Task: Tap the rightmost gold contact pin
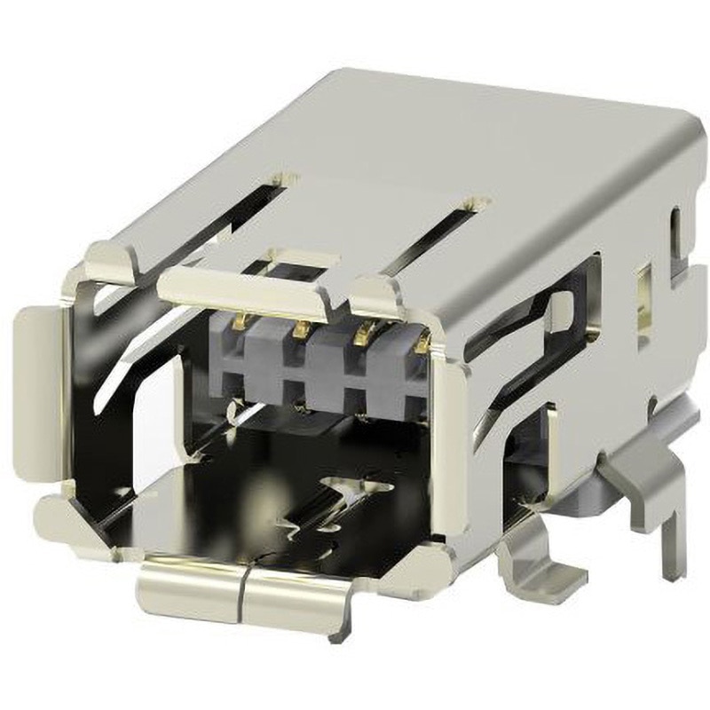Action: tap(422, 343)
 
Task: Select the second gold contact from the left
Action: tap(303, 329)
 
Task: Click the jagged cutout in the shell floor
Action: tap(355, 497)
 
